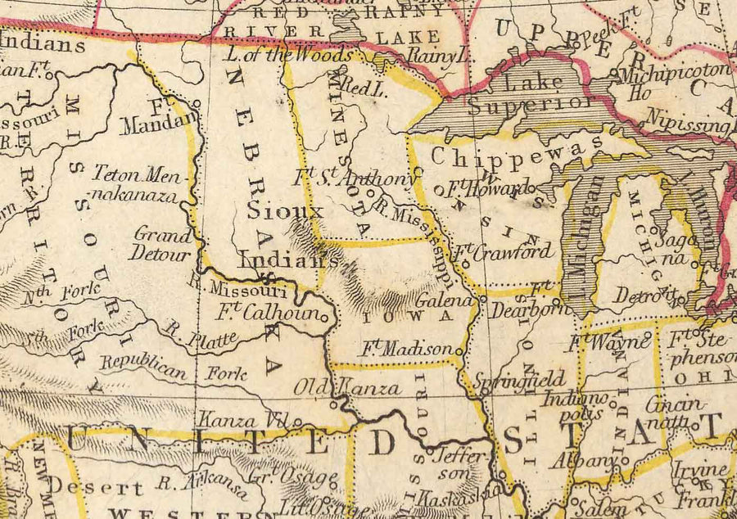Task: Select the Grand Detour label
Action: click(162, 243)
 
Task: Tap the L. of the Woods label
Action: click(290, 56)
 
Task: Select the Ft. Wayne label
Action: click(602, 340)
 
